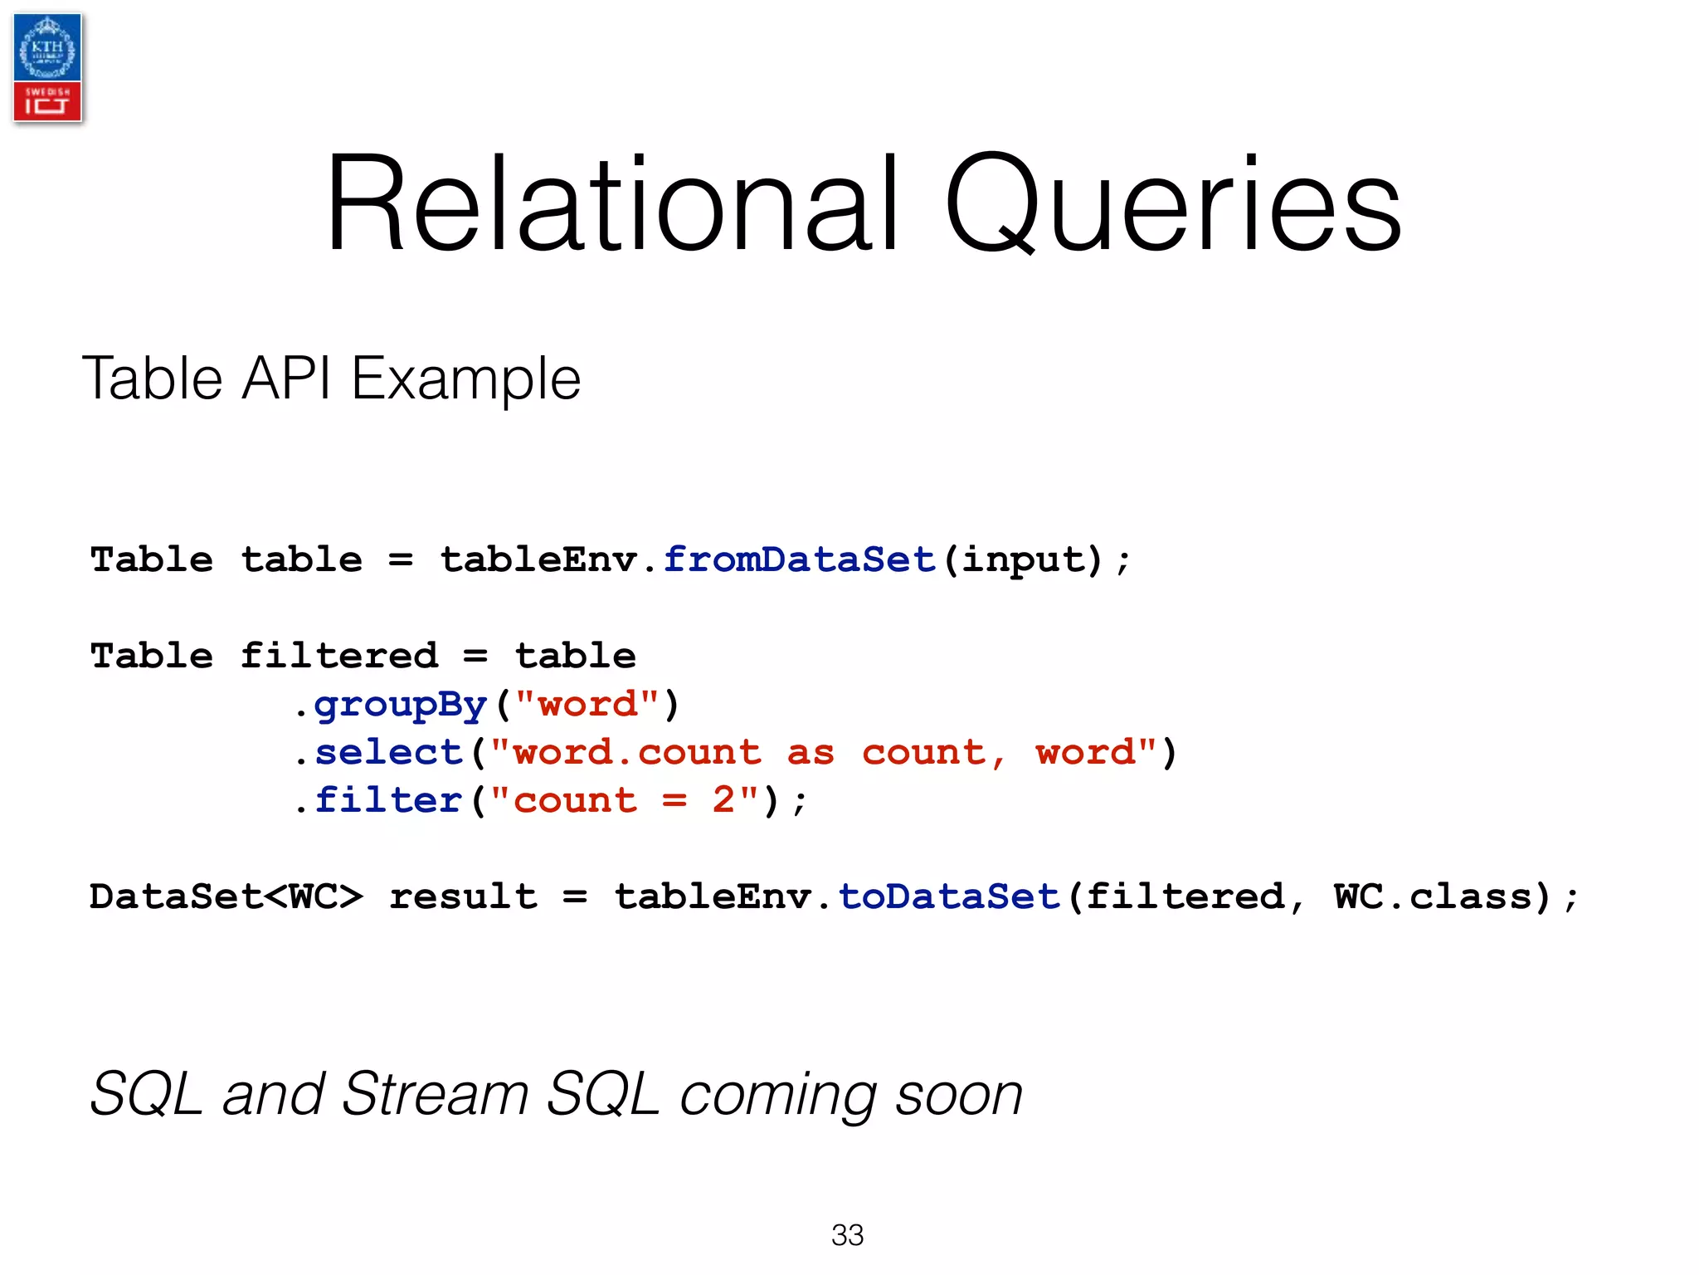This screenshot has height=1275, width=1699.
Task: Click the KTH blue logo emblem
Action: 47,48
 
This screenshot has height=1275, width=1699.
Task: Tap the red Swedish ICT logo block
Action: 47,101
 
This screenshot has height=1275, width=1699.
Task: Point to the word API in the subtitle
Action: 285,379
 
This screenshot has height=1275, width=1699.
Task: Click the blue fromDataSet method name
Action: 800,559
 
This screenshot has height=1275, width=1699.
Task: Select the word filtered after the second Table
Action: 338,656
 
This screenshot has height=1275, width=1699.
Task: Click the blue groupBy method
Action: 400,705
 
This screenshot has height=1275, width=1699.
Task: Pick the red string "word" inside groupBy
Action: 587,704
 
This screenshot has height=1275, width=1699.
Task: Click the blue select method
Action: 388,752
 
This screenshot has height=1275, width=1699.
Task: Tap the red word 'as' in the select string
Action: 811,752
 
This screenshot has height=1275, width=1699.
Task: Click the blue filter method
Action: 388,800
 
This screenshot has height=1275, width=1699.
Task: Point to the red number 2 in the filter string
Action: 723,800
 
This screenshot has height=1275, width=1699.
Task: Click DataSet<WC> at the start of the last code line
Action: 226,896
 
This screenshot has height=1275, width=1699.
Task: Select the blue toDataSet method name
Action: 949,896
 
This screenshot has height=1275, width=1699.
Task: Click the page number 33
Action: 847,1235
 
